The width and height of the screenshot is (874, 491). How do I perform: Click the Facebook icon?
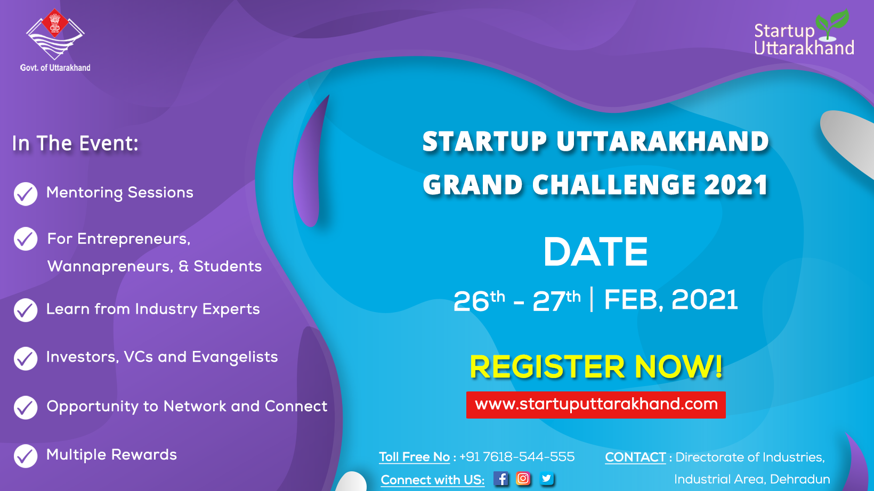500,478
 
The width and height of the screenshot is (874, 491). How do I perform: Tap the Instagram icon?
523,478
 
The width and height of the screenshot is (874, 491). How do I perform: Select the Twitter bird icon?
547,478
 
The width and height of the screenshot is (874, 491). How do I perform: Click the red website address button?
596,405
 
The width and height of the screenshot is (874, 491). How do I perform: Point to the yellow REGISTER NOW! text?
596,366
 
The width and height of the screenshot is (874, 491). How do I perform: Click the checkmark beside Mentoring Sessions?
26,194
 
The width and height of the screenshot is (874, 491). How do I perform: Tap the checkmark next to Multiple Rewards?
26,456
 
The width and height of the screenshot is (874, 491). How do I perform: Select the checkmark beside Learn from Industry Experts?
26,310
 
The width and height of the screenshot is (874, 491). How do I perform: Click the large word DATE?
596,252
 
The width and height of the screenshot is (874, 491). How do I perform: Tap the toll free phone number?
517,457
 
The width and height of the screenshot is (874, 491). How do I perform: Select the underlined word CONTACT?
635,457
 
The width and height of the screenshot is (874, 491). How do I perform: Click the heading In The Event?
75,143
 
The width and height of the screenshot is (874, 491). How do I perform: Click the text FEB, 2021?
671,300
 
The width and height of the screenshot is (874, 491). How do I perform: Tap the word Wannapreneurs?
109,267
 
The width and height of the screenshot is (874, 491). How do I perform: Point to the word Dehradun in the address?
800,479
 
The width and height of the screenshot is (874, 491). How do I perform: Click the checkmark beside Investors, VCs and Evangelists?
26,358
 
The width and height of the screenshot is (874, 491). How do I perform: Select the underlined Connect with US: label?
433,480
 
